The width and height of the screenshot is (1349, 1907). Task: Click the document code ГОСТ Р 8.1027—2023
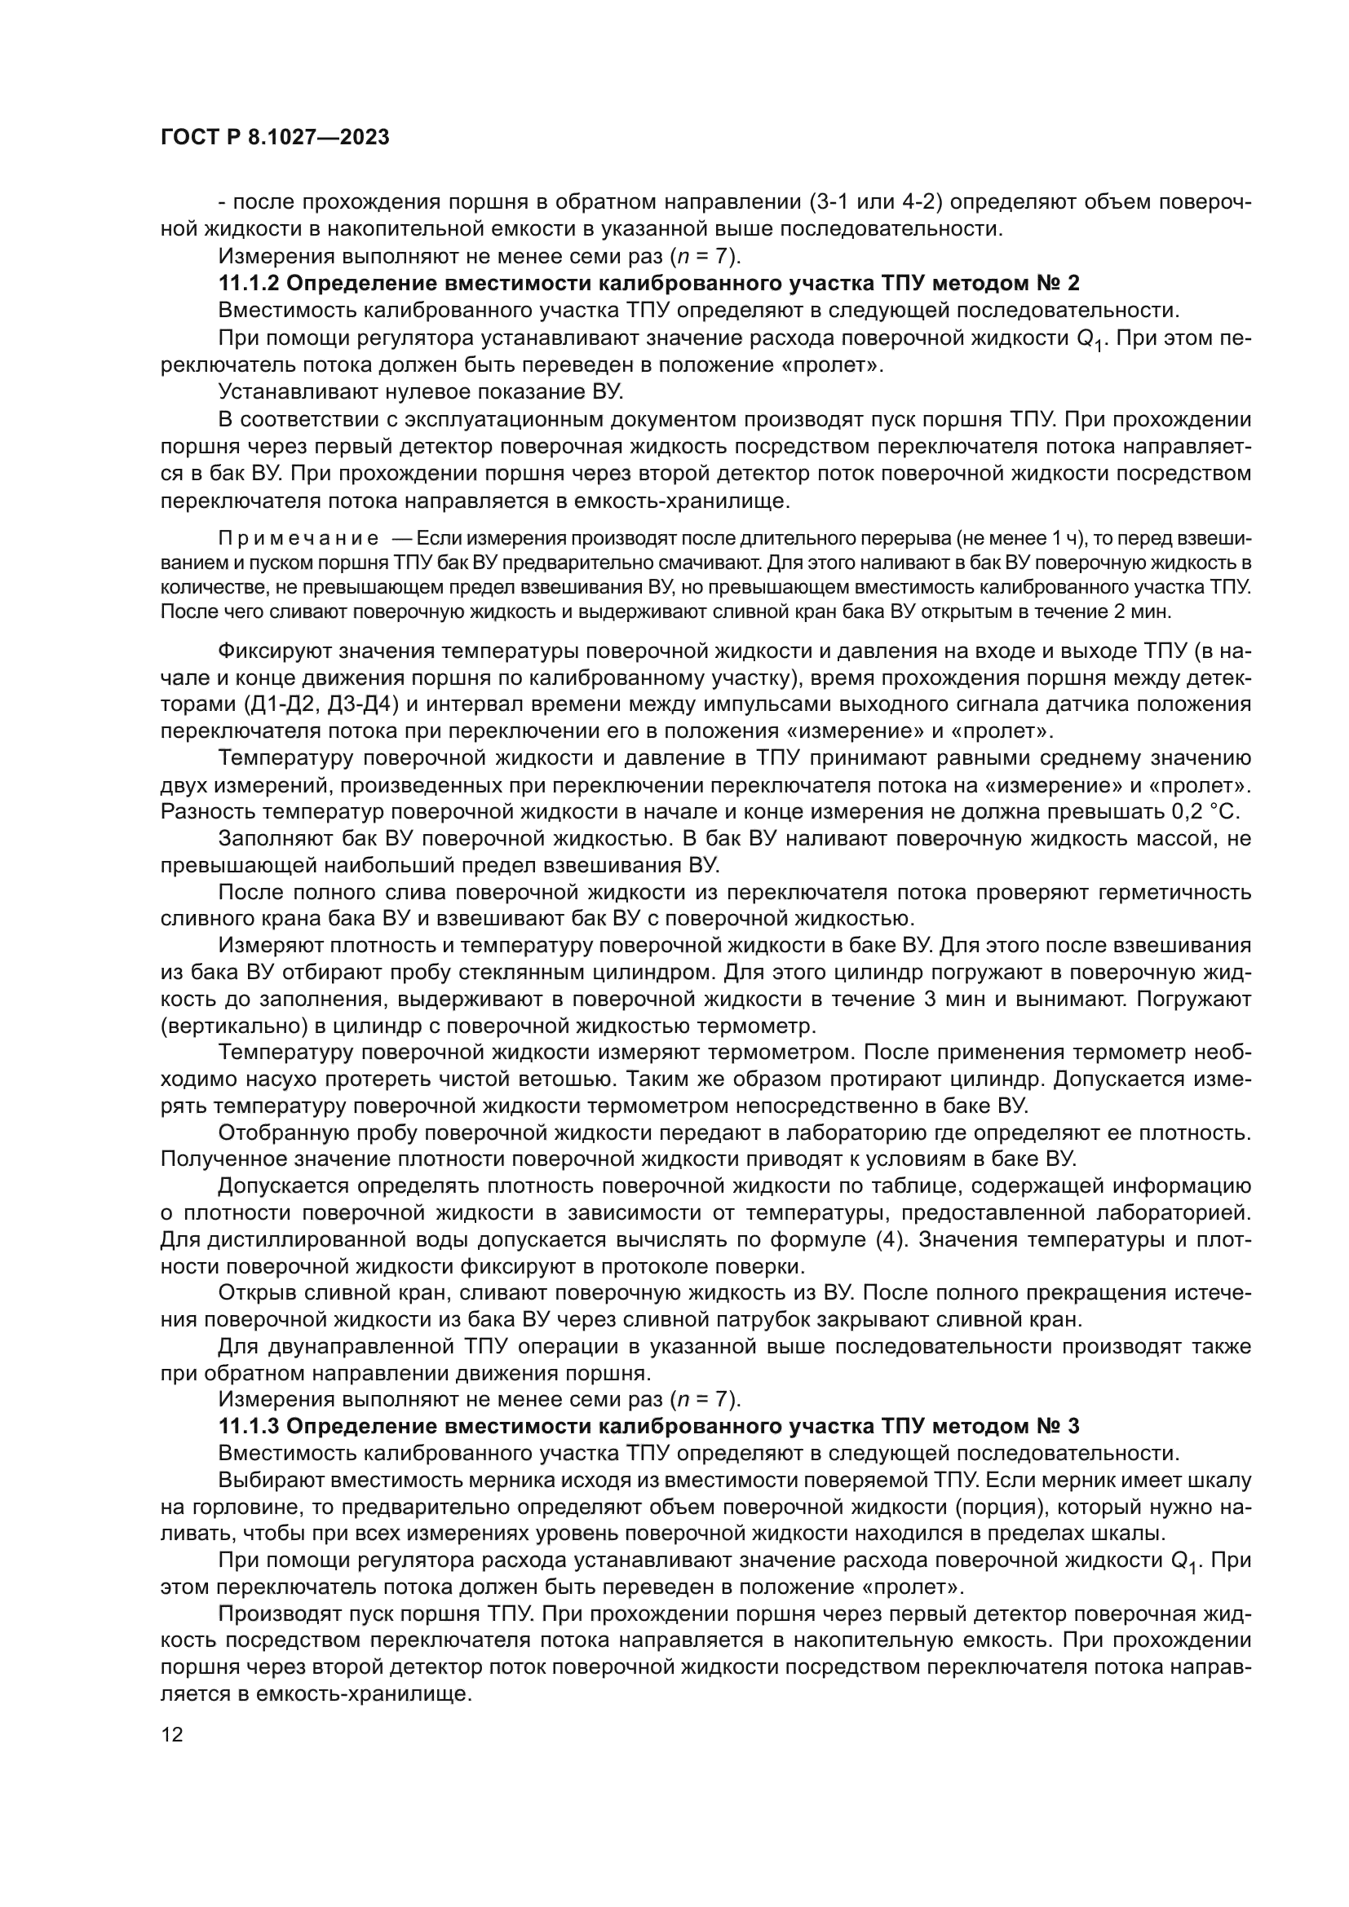[275, 138]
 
